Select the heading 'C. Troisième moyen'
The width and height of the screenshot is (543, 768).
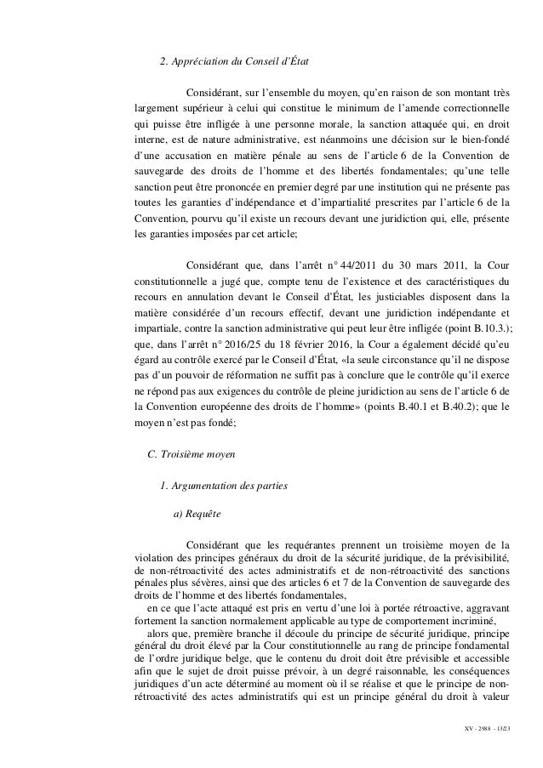[x=192, y=454]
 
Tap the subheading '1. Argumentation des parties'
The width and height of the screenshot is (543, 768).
[x=224, y=485]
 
